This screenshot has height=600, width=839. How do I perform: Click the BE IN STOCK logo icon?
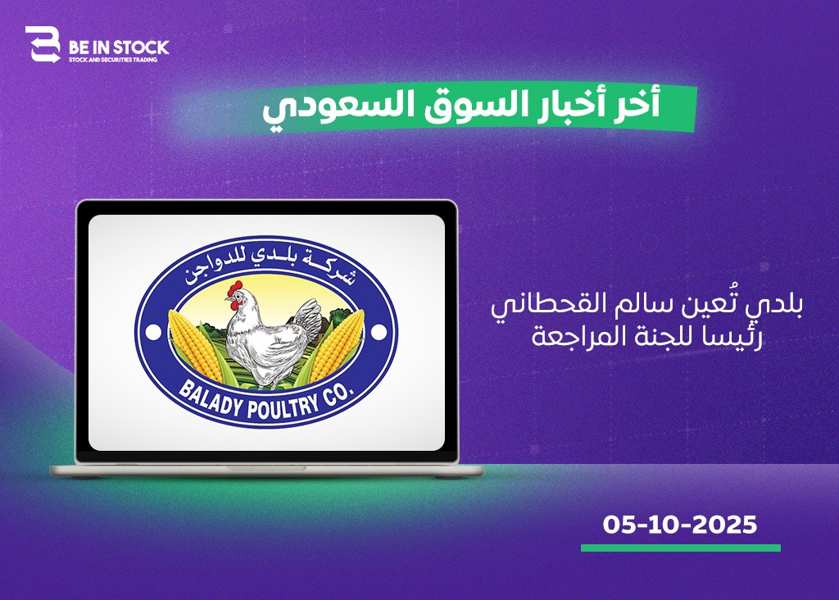pos(43,44)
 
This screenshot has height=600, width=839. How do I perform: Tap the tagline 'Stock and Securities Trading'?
pos(113,60)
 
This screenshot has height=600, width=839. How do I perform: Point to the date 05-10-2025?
pos(680,525)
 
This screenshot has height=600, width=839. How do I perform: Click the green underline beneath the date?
pos(681,548)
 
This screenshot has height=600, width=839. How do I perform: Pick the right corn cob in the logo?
pos(336,345)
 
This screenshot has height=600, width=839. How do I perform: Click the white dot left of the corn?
pos(153,333)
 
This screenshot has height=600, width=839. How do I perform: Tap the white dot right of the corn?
pos(379,333)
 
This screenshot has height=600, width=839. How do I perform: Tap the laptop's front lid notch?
pos(267,468)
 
